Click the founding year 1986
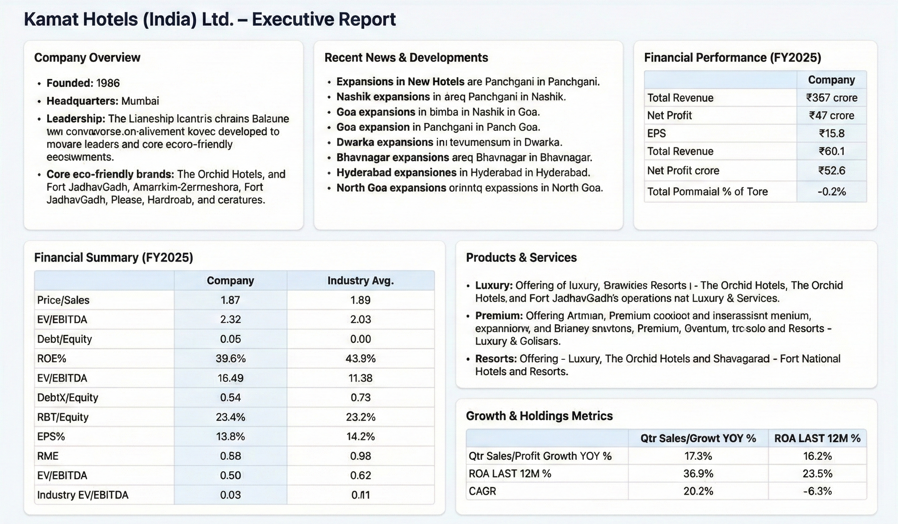pyautogui.click(x=108, y=83)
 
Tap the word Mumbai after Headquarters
pyautogui.click(x=140, y=101)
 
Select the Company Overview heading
pyautogui.click(x=87, y=58)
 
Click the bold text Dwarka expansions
pyautogui.click(x=385, y=142)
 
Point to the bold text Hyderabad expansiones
pyautogui.click(x=396, y=173)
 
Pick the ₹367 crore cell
pyautogui.click(x=831, y=98)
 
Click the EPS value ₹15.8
pyautogui.click(x=831, y=134)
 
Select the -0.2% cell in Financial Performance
pyautogui.click(x=831, y=192)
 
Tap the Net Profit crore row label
pyautogui.click(x=683, y=171)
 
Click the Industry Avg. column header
pyautogui.click(x=360, y=281)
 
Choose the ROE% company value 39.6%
pyautogui.click(x=230, y=359)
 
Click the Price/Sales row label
pyautogui.click(x=63, y=300)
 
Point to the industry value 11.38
pyautogui.click(x=360, y=378)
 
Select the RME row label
pyautogui.click(x=48, y=456)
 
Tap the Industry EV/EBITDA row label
pyautogui.click(x=83, y=495)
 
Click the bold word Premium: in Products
pyautogui.click(x=499, y=316)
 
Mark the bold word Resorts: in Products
pyautogui.click(x=496, y=359)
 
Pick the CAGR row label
pyautogui.click(x=482, y=491)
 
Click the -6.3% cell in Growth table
pyautogui.click(x=817, y=491)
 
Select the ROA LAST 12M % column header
pyautogui.click(x=817, y=439)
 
